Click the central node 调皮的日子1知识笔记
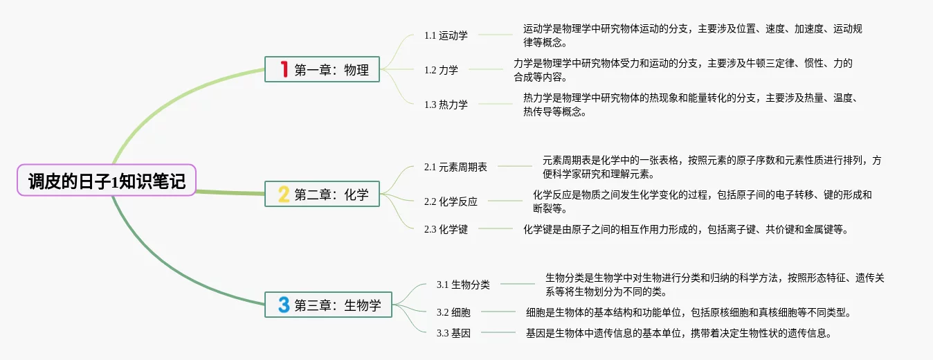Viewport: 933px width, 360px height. [x=107, y=181]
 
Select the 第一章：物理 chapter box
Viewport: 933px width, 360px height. [x=323, y=69]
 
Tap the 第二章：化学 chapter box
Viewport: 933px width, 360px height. [x=323, y=194]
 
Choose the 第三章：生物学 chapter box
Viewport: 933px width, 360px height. [x=328, y=305]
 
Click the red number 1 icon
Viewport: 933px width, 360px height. [x=283, y=69]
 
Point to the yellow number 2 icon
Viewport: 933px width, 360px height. [x=283, y=194]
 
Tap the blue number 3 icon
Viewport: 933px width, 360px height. [x=283, y=305]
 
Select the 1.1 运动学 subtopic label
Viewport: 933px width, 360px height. [x=446, y=35]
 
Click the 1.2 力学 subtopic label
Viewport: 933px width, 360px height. [x=441, y=70]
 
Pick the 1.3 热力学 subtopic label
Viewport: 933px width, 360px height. [x=446, y=105]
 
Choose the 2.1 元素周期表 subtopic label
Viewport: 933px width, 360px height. [x=455, y=167]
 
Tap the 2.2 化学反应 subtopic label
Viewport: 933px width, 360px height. [x=451, y=201]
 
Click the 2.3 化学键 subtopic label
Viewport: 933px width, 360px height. [x=446, y=229]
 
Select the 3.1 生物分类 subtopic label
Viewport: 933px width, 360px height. [x=463, y=284]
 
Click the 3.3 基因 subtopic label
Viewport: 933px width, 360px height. [x=453, y=333]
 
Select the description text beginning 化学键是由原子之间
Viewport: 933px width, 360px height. [x=685, y=229]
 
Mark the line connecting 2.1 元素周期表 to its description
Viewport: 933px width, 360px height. [x=515, y=166]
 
